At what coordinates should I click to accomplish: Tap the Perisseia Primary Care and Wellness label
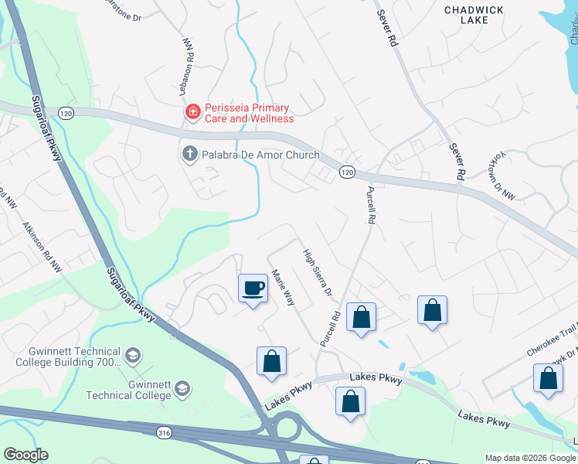coord(249,113)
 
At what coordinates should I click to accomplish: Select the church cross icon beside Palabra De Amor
coord(189,155)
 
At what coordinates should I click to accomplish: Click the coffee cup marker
coord(253,288)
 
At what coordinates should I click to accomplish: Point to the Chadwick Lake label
coord(474,14)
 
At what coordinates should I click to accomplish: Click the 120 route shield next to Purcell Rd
coord(347,171)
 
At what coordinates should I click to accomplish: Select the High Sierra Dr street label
coord(318,273)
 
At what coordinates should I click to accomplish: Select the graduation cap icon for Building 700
coord(133,357)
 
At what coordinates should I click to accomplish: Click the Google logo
coord(25,455)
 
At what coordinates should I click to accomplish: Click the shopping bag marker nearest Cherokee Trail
coord(548,379)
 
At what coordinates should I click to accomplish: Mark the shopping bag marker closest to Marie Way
coord(271,361)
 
